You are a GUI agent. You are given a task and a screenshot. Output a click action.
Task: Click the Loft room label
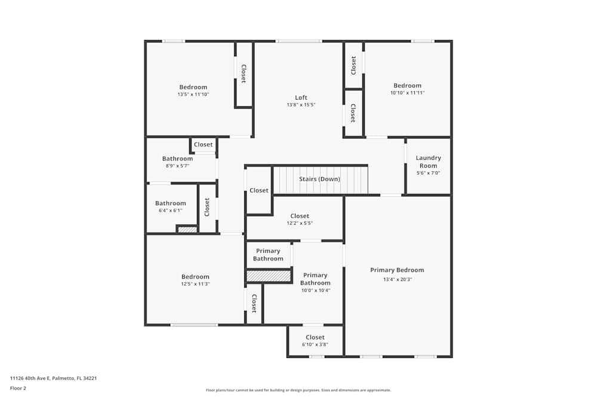pyautogui.click(x=301, y=97)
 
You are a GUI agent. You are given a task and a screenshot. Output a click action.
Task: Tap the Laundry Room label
pyautogui.click(x=428, y=162)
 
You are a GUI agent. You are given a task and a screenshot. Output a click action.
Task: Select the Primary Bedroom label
pyautogui.click(x=397, y=270)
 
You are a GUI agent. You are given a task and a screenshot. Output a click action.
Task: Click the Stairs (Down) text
pyautogui.click(x=319, y=179)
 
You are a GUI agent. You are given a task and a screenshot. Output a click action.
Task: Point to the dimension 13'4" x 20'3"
pyautogui.click(x=397, y=279)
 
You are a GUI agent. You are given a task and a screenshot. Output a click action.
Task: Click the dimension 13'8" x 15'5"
pyautogui.click(x=301, y=104)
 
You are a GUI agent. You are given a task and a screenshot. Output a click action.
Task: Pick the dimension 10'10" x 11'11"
pyautogui.click(x=407, y=92)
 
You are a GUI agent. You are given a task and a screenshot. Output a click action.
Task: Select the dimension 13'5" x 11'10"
pyautogui.click(x=193, y=94)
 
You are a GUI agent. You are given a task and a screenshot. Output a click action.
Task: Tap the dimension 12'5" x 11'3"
pyautogui.click(x=195, y=284)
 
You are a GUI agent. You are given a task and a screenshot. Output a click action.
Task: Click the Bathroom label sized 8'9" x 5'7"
pyautogui.click(x=177, y=159)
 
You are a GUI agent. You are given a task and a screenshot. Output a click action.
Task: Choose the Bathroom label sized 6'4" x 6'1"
pyautogui.click(x=170, y=203)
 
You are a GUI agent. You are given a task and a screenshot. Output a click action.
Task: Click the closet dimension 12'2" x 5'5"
pyautogui.click(x=299, y=223)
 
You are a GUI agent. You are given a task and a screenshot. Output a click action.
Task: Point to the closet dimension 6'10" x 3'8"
pyautogui.click(x=315, y=344)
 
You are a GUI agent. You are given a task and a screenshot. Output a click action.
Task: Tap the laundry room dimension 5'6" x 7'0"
pyautogui.click(x=428, y=173)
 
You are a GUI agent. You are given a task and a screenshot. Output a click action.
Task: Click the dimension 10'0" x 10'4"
pyautogui.click(x=315, y=291)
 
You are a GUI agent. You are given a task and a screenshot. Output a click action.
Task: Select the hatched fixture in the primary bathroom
pyautogui.click(x=268, y=276)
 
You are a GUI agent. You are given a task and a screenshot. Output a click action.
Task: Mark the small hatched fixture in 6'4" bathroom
pyautogui.click(x=187, y=229)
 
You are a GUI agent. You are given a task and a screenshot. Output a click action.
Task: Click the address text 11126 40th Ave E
pyautogui.click(x=53, y=378)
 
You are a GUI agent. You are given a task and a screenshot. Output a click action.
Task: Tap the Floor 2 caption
pyautogui.click(x=18, y=388)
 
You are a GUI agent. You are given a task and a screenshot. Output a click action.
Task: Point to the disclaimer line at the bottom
pyautogui.click(x=298, y=390)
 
